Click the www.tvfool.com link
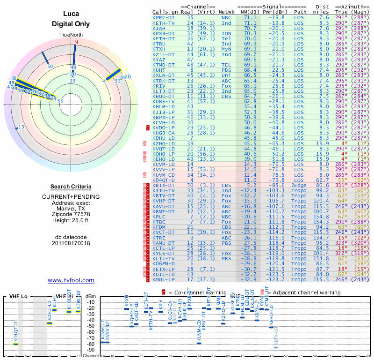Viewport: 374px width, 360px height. (71, 280)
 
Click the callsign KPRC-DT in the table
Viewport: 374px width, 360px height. (164, 17)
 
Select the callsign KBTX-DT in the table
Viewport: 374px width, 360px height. (164, 185)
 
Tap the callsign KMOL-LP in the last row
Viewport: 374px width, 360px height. (164, 279)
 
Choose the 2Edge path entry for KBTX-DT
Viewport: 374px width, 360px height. (299, 185)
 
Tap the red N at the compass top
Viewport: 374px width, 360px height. (75, 42)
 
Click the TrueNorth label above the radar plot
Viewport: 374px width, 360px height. (71, 35)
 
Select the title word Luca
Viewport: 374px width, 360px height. (71, 14)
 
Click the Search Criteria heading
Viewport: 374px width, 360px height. (71, 187)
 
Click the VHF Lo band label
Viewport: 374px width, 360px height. (19, 296)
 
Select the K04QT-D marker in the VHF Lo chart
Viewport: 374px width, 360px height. (15, 344)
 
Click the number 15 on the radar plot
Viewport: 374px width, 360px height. (21, 127)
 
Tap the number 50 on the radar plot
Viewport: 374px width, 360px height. (50, 66)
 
